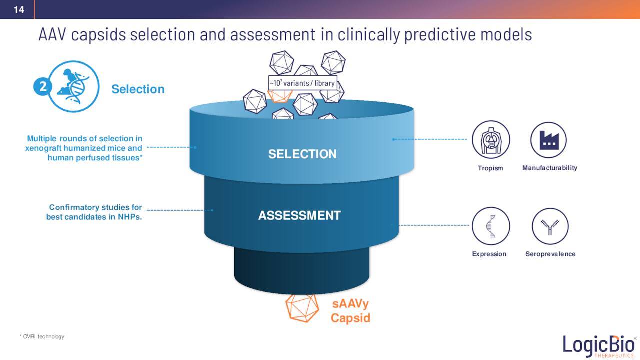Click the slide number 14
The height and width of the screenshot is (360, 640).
pyautogui.click(x=18, y=9)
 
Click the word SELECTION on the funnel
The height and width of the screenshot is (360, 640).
pyautogui.click(x=302, y=154)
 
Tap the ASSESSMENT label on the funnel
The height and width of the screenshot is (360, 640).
pyautogui.click(x=299, y=216)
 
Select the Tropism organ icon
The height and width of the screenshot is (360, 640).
pyautogui.click(x=491, y=140)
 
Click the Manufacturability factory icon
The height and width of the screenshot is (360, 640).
pyautogui.click(x=549, y=140)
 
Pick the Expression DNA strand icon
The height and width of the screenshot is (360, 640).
pyautogui.click(x=491, y=226)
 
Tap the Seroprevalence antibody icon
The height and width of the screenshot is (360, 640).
pyautogui.click(x=550, y=226)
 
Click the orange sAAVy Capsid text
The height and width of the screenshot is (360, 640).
pyautogui.click(x=351, y=311)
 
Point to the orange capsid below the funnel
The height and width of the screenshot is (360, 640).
pyautogui.click(x=302, y=307)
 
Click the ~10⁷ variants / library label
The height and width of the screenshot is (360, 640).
pyautogui.click(x=302, y=83)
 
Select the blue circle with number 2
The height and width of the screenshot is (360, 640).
pyautogui.click(x=43, y=87)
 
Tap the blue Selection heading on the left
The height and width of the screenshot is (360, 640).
pyautogui.click(x=138, y=89)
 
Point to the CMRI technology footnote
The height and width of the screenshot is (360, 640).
pyautogui.click(x=42, y=337)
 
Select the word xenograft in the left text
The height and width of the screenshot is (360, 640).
pyautogui.click(x=44, y=148)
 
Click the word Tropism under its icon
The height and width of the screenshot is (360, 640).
pyautogui.click(x=490, y=168)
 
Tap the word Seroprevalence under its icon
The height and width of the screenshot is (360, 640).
pyautogui.click(x=550, y=254)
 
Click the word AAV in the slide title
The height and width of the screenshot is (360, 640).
pyautogui.click(x=53, y=35)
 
